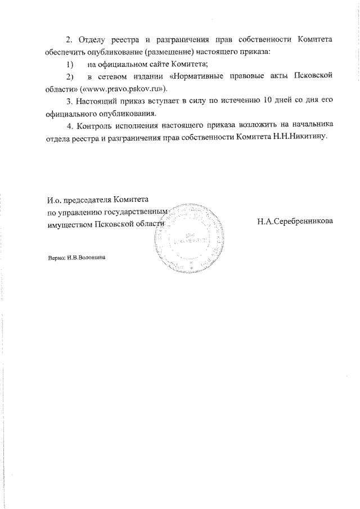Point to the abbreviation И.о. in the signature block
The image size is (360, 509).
[55, 199]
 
